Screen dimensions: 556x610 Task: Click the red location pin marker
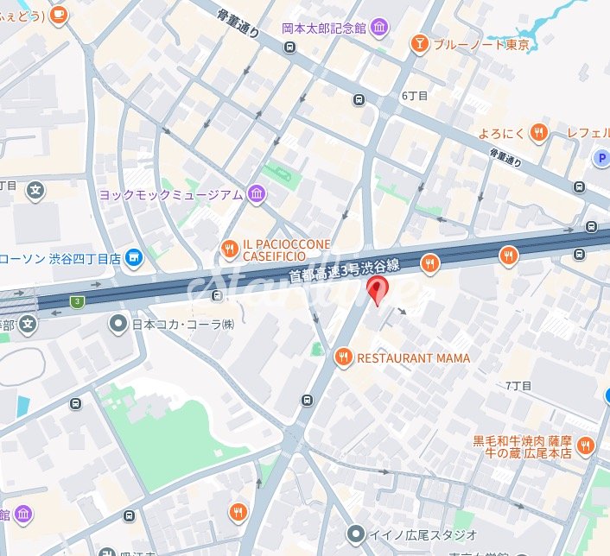point(376,291)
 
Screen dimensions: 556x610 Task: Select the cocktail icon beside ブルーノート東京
point(419,43)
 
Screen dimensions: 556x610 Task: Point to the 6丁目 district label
point(415,96)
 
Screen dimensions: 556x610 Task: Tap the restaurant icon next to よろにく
point(539,133)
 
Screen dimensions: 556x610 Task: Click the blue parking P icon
point(601,157)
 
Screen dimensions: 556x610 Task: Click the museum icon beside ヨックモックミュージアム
point(257,195)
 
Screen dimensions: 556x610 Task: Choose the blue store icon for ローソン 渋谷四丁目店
point(133,257)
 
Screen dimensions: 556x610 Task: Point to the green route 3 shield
point(78,301)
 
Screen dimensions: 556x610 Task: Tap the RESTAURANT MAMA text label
point(413,357)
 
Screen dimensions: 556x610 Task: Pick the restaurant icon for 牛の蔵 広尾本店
point(587,445)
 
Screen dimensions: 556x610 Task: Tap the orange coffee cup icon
point(59,15)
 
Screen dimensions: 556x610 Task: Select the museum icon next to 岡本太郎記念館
point(379,28)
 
